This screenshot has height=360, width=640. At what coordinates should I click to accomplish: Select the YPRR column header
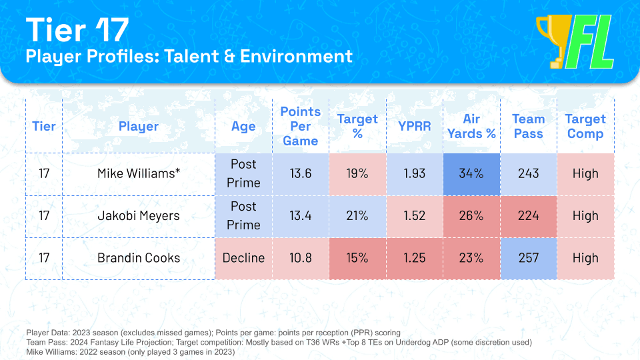point(415,126)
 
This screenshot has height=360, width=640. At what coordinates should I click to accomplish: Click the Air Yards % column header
point(471,126)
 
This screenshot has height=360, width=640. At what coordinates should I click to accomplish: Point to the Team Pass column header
point(528,126)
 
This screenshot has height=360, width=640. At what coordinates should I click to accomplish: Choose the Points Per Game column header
point(300,126)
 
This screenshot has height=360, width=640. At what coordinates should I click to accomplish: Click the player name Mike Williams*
point(139,173)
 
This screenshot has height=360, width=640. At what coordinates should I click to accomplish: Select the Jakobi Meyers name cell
point(139,215)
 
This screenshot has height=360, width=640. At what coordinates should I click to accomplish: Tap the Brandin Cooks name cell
point(139,258)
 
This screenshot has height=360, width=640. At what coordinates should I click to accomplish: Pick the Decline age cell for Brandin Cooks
point(243,258)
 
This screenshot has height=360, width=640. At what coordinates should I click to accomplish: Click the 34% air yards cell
point(471,173)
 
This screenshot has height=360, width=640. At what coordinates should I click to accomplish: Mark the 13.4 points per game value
point(300,215)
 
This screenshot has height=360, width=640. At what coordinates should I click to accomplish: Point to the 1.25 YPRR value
point(415,258)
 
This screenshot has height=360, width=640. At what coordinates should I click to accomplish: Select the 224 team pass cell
point(528,215)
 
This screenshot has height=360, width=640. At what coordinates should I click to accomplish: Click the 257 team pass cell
point(528,258)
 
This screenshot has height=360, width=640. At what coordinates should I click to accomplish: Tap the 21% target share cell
point(357,215)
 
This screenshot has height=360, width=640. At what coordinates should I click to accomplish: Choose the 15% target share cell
point(357,258)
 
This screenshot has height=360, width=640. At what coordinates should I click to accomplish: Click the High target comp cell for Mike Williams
point(585,173)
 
